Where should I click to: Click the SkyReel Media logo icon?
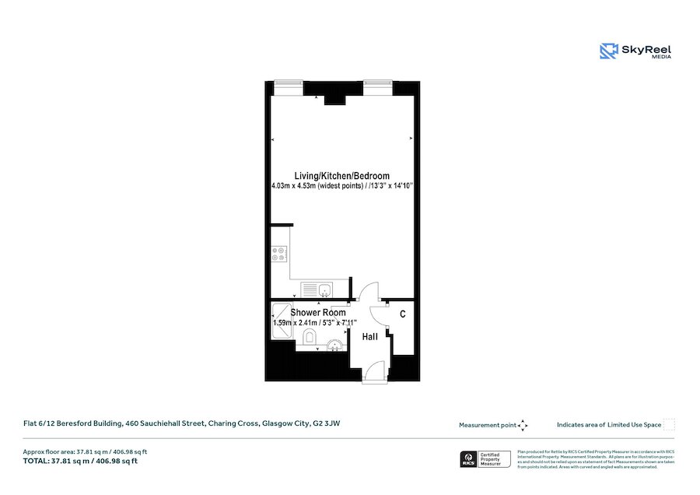(x=608, y=51)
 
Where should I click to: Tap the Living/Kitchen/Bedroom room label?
(x=341, y=175)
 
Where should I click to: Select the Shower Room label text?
(x=318, y=312)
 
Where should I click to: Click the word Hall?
(x=370, y=336)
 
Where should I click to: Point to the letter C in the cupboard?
(x=402, y=314)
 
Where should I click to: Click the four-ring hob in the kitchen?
(x=279, y=253)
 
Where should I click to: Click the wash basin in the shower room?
(x=335, y=345)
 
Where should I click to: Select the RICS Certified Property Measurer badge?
(x=485, y=459)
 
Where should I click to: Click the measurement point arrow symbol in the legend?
(x=523, y=425)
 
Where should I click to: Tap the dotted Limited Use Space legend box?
(x=669, y=425)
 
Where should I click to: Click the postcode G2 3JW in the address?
(x=327, y=423)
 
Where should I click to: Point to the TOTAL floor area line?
(x=82, y=461)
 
